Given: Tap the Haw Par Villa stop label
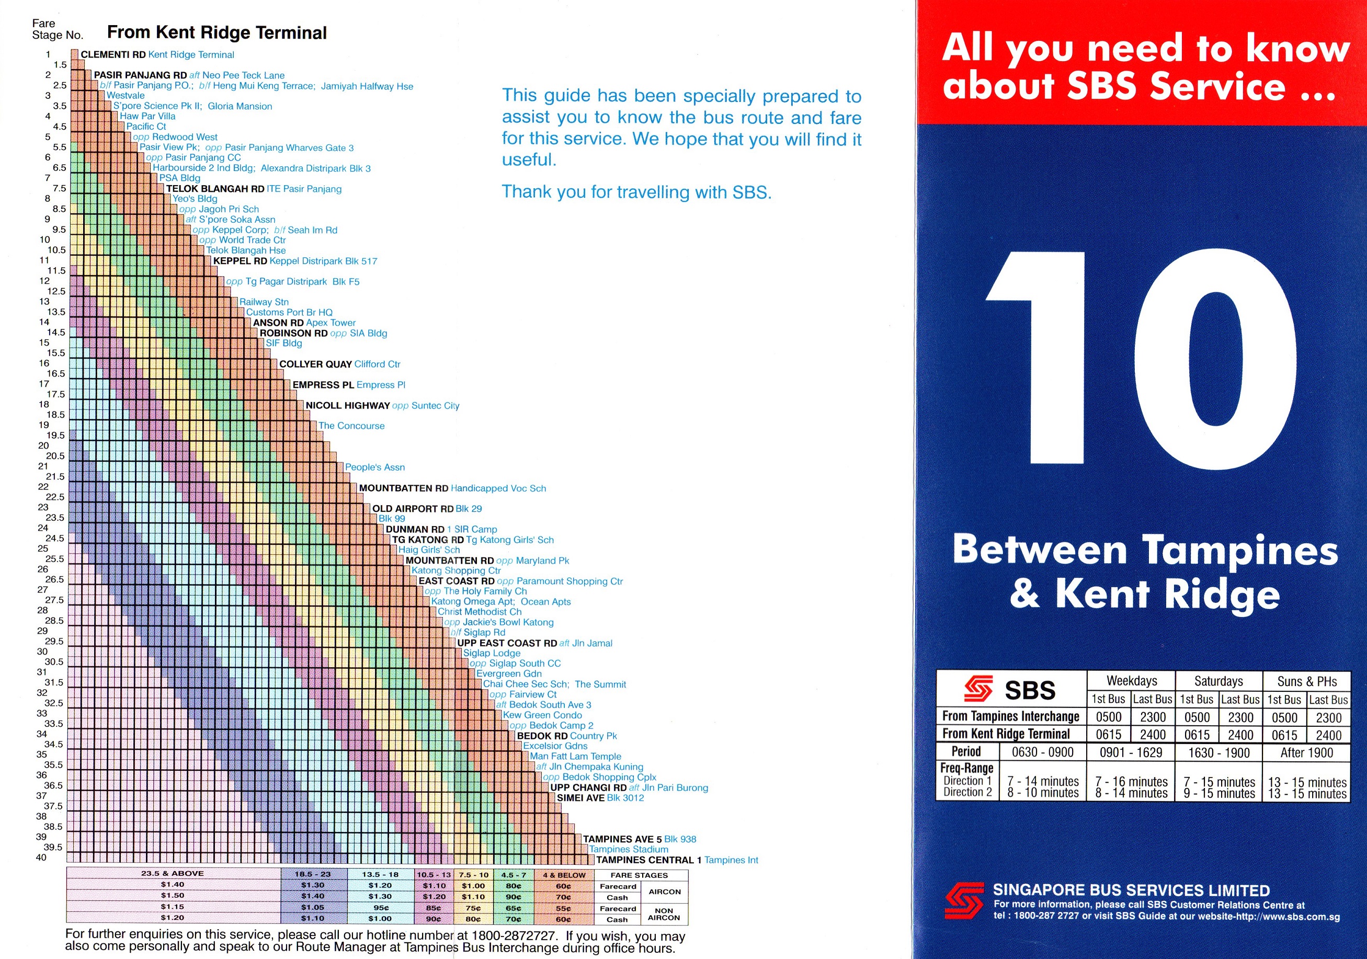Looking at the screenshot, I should click(x=147, y=116).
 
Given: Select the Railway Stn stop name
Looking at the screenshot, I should click(x=264, y=302).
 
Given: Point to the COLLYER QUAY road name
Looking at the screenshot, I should click(x=315, y=364).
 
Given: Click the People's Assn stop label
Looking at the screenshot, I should click(x=374, y=467).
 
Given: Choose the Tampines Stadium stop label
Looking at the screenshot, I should click(x=629, y=850).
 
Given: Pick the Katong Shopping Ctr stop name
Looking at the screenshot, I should click(x=456, y=570).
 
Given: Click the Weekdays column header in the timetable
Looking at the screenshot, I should click(x=1131, y=681).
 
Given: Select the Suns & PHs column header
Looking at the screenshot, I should click(x=1307, y=681).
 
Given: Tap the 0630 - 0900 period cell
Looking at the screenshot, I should click(x=1043, y=752).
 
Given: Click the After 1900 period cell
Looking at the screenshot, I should click(x=1307, y=752).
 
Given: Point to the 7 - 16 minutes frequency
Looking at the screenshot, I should click(x=1131, y=782).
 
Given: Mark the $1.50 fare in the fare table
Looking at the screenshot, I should click(x=173, y=895).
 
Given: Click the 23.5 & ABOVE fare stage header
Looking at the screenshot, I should click(x=173, y=873).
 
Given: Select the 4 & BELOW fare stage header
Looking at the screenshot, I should click(x=564, y=875).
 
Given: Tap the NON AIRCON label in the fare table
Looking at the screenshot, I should click(x=664, y=914).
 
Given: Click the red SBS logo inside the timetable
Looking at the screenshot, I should click(x=978, y=689).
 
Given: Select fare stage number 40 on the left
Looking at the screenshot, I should click(x=41, y=857).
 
